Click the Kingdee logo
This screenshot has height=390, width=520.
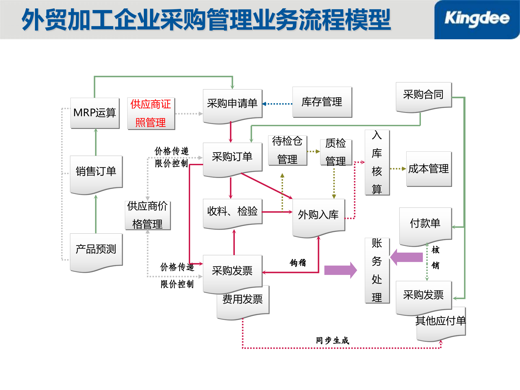(x=477, y=19)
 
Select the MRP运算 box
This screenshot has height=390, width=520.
(x=95, y=113)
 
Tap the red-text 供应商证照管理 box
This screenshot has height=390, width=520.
(x=151, y=113)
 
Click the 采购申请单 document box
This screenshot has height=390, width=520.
(x=232, y=104)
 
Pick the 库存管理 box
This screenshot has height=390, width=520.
(x=322, y=102)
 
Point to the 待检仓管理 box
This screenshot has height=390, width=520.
(x=287, y=150)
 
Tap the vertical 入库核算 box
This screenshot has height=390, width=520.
(x=377, y=162)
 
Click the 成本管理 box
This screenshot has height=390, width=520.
(x=429, y=169)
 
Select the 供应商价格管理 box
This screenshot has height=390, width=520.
(x=148, y=215)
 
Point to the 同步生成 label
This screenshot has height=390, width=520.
(x=333, y=340)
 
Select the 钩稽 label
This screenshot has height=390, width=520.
(x=298, y=262)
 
